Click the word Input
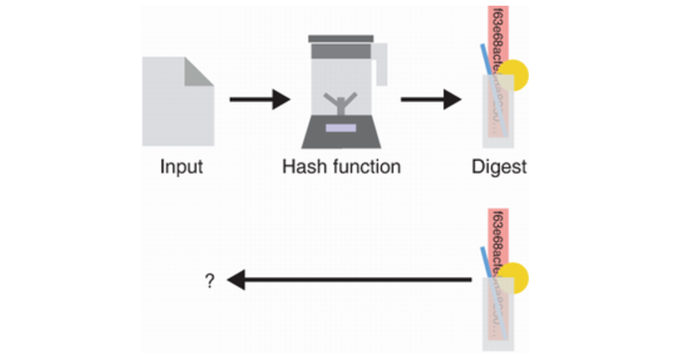click(181, 167)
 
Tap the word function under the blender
click(368, 167)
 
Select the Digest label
click(499, 167)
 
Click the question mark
click(210, 281)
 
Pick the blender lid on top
click(341, 39)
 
